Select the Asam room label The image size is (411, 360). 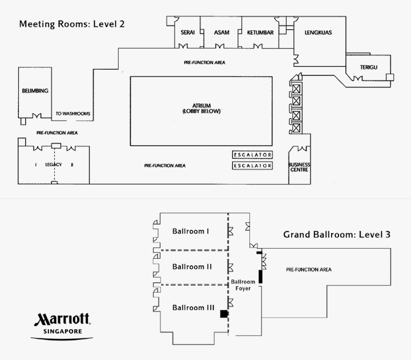pos(221,33)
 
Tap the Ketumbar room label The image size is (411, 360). pos(260,33)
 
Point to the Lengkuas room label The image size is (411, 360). pos(318,33)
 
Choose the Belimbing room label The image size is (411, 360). pos(35,91)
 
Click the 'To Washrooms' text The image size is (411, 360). pos(73,114)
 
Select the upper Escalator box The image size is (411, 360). pos(252,155)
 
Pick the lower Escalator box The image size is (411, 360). pos(252,166)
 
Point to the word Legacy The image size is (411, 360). pos(53,165)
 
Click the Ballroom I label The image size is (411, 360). pos(191,231)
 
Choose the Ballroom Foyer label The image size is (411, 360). pos(243,285)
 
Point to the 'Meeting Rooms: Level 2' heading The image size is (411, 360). pos(71,25)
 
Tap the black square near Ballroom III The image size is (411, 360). pos(224,314)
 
